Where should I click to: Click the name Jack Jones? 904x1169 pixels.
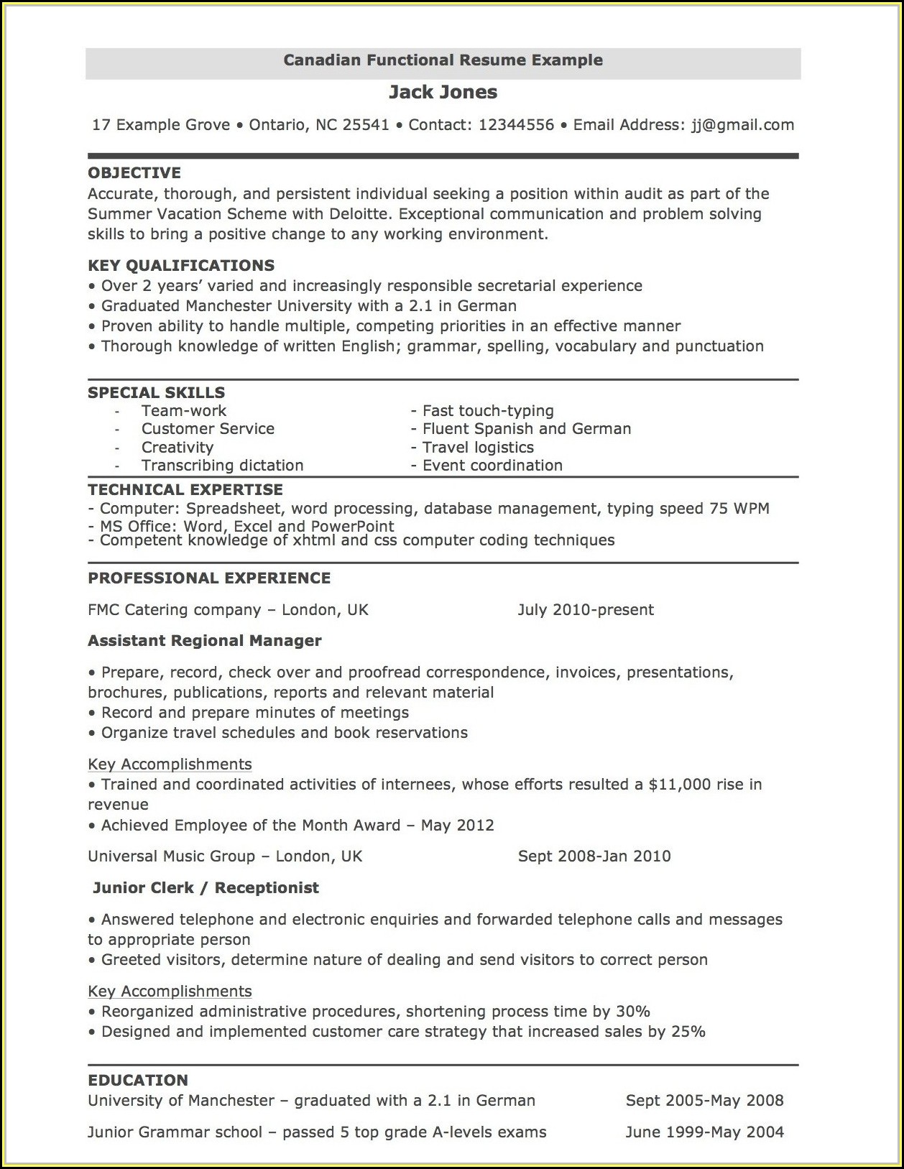tap(443, 92)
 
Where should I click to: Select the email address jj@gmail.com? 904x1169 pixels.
tap(742, 125)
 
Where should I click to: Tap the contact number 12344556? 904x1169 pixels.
tap(516, 125)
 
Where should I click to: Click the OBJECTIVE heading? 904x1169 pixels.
tap(134, 173)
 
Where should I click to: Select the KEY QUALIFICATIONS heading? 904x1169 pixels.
tap(181, 266)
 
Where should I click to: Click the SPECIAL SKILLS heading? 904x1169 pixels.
tap(156, 393)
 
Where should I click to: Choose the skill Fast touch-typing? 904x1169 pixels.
tap(487, 411)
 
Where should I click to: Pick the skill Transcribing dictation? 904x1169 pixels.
tap(222, 466)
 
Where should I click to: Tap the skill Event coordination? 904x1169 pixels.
tap(492, 466)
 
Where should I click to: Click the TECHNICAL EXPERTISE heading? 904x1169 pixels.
tap(185, 490)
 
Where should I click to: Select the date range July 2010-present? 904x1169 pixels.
tap(586, 610)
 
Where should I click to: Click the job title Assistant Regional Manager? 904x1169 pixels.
tap(205, 641)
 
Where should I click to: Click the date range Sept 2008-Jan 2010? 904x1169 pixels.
tap(594, 856)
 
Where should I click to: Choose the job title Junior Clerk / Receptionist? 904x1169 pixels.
tap(206, 888)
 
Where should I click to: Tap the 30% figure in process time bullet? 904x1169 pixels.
tap(633, 1012)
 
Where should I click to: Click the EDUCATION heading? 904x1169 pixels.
tap(138, 1081)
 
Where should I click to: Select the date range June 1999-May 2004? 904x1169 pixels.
tap(704, 1132)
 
